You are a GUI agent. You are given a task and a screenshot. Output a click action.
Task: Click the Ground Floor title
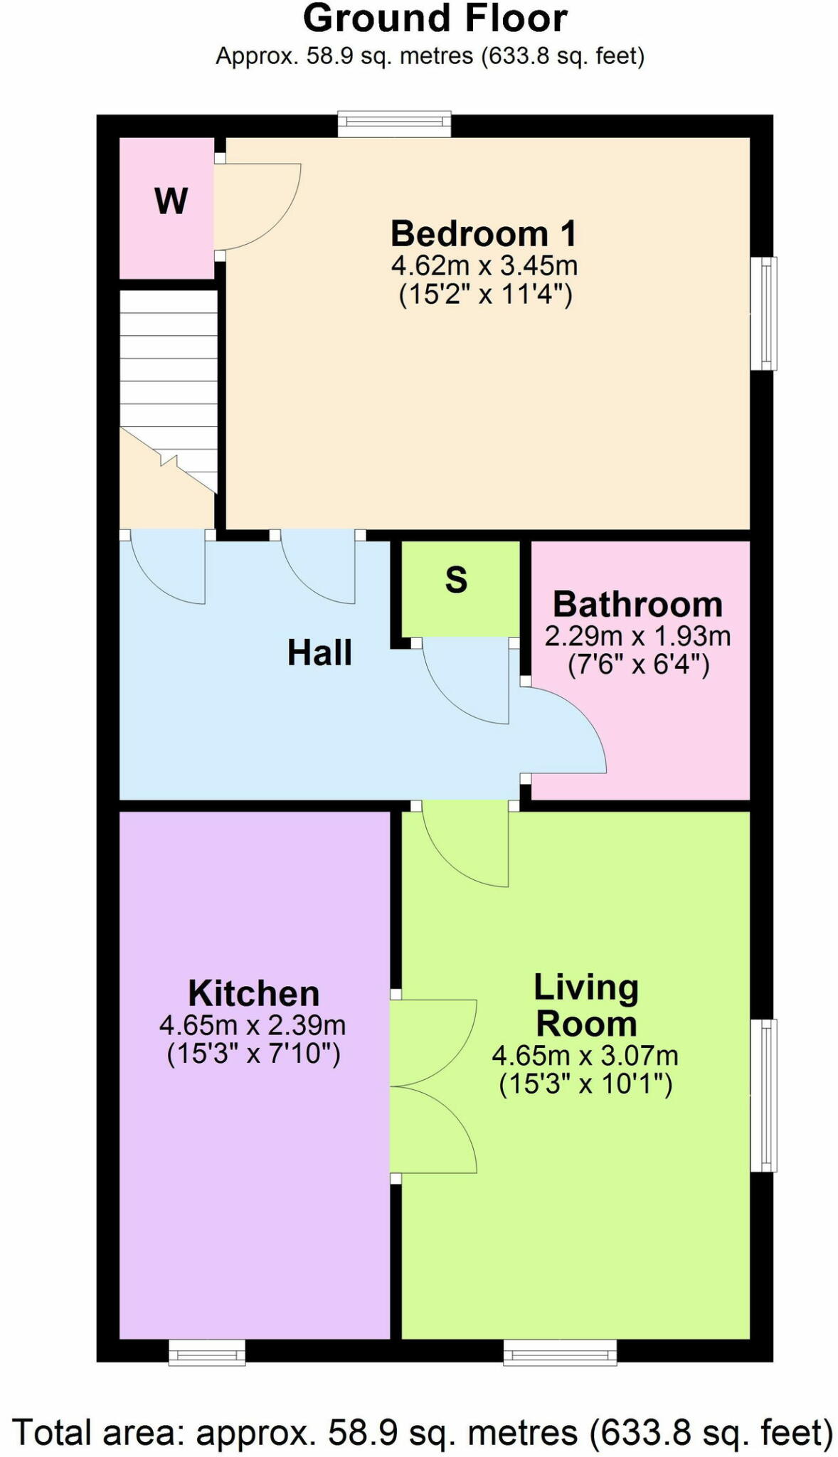(x=435, y=18)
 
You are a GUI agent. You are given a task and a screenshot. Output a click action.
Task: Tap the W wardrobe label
(x=171, y=201)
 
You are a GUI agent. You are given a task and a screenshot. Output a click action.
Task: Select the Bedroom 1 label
(x=484, y=233)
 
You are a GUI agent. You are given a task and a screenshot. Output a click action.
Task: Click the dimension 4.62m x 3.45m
(x=484, y=266)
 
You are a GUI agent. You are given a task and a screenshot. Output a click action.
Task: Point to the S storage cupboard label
(x=456, y=581)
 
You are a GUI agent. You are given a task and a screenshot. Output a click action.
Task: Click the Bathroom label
(x=637, y=605)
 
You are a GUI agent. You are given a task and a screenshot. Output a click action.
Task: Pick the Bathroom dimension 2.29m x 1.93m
(x=637, y=635)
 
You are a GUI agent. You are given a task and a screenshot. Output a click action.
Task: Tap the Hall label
(x=319, y=653)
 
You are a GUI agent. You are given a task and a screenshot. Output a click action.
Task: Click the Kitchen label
(x=253, y=993)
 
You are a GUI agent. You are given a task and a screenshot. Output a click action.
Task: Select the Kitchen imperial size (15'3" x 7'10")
(x=253, y=1054)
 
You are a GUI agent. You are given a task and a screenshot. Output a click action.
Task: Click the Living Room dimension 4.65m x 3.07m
(x=585, y=1055)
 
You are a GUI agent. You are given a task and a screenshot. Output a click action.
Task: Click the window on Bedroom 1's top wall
(x=394, y=124)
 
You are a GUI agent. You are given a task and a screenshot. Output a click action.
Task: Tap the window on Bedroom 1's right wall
(x=764, y=314)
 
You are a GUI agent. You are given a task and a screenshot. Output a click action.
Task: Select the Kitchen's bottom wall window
(x=207, y=1352)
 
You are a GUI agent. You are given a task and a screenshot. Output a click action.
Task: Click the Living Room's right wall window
(x=764, y=1095)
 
